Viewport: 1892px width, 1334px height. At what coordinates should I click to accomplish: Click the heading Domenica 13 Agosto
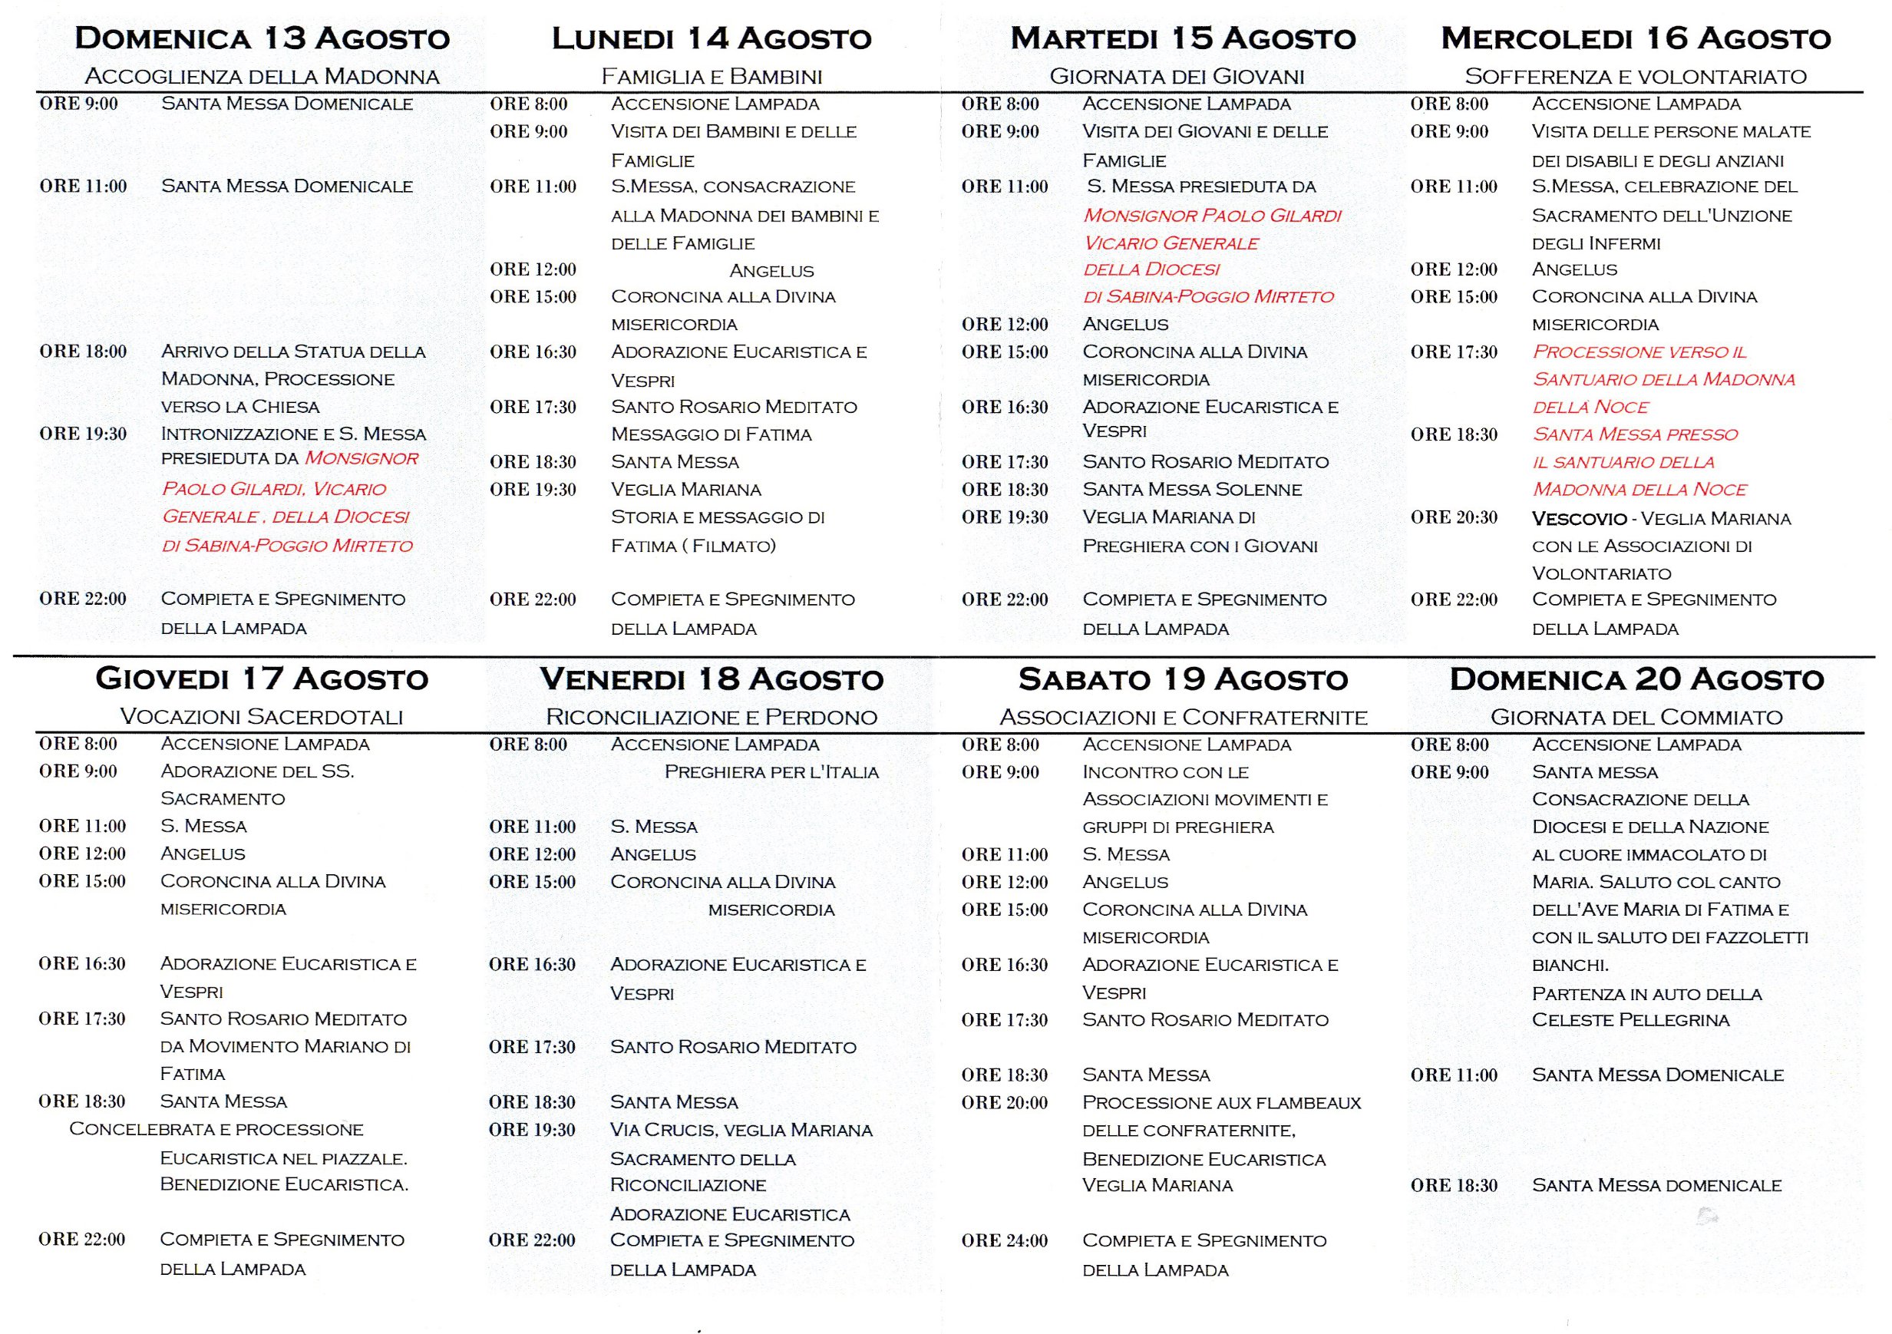262,38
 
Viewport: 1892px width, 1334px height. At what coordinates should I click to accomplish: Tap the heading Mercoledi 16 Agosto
1636,38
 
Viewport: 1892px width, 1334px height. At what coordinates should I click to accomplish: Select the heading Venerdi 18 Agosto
712,680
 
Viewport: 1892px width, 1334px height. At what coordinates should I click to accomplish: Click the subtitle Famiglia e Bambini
712,77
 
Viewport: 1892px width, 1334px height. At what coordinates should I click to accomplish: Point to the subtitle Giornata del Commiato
1636,718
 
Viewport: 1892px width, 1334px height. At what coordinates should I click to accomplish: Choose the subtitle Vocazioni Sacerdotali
261,717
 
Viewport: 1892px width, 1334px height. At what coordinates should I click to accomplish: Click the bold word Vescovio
1579,519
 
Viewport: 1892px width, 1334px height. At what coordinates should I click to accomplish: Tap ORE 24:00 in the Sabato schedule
1004,1241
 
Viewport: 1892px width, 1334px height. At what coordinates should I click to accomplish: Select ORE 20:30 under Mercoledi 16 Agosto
1454,517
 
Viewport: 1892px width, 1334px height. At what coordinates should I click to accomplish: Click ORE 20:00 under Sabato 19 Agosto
1004,1102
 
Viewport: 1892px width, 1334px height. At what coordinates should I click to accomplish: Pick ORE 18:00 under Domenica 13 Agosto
83,352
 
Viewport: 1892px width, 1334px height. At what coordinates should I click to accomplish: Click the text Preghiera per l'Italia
771,772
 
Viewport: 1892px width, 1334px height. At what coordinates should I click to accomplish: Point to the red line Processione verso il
1639,352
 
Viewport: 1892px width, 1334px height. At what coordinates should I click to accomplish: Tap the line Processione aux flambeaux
1221,1102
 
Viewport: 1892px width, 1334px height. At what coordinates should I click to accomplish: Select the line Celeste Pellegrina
1630,1020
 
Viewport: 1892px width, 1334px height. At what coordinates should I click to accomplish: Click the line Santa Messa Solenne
1191,490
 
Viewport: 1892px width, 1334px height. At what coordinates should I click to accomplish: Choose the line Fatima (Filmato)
693,546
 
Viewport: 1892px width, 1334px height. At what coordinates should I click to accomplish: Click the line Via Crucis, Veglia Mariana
741,1130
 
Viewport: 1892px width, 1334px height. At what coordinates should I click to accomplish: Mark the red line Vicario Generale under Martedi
1171,243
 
